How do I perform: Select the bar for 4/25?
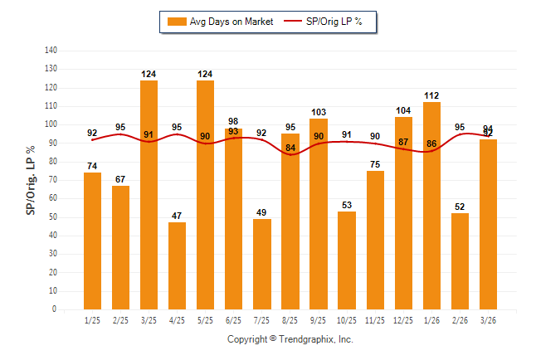click(178, 265)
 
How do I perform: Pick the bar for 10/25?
click(347, 260)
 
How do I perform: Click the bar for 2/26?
click(460, 261)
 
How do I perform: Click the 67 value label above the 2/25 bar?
click(121, 179)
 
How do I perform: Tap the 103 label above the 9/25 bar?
click(319, 112)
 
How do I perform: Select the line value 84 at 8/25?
click(290, 148)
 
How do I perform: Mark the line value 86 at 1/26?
click(431, 144)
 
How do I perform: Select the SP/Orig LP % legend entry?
click(327, 21)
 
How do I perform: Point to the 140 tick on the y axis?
click(51, 51)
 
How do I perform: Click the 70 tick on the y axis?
click(54, 180)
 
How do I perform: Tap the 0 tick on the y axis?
click(56, 309)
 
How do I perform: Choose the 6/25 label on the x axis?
click(234, 320)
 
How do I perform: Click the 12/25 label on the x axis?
click(403, 320)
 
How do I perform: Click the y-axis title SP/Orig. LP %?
click(31, 180)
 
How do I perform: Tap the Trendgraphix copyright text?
click(290, 339)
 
